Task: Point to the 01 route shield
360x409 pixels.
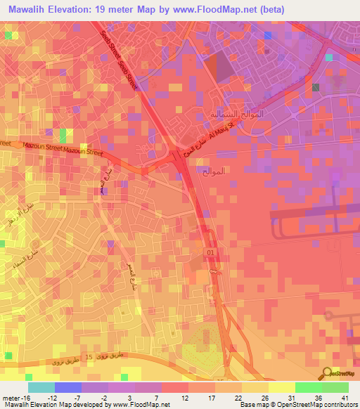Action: tap(210, 252)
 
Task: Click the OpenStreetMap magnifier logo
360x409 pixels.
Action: tap(328, 373)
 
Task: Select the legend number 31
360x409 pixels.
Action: tap(292, 397)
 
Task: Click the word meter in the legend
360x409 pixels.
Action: tap(11, 397)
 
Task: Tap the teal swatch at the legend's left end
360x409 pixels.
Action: tap(41, 387)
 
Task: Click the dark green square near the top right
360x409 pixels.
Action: tap(316, 87)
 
